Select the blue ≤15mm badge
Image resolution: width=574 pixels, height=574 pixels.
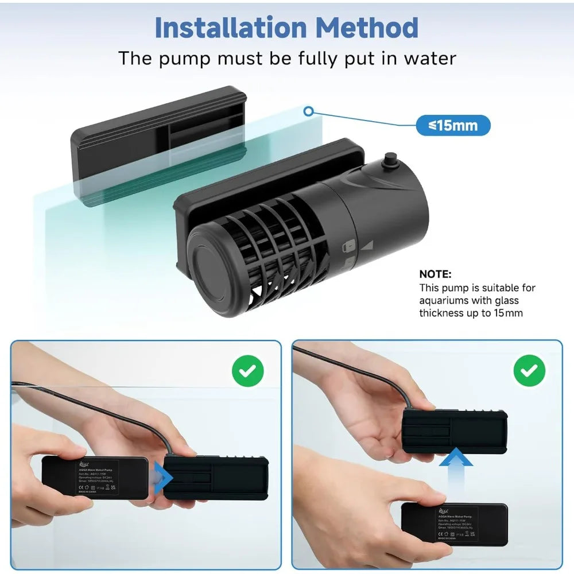point(453,125)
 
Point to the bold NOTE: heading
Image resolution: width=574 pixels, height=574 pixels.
point(436,274)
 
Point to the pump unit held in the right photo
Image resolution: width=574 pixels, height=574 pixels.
point(453,428)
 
